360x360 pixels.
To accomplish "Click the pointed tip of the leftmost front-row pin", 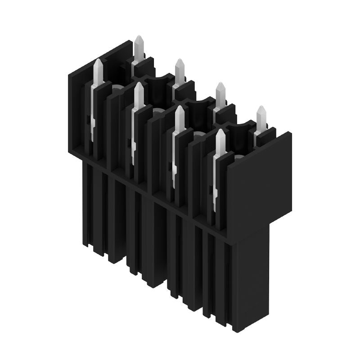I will [98, 61].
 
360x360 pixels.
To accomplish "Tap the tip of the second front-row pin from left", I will [139, 84].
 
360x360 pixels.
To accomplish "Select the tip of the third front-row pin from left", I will [179, 108].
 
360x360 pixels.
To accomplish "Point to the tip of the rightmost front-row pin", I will [220, 131].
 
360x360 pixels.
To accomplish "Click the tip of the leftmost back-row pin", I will [139, 37].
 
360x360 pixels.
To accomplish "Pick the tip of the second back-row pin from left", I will [180, 60].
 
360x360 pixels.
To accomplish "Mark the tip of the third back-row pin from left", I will [220, 84].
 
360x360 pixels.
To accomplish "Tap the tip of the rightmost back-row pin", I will [261, 108].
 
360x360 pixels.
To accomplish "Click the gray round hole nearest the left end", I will [117, 87].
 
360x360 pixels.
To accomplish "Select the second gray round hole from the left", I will [157, 110].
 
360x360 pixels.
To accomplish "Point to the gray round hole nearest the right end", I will [238, 157].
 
